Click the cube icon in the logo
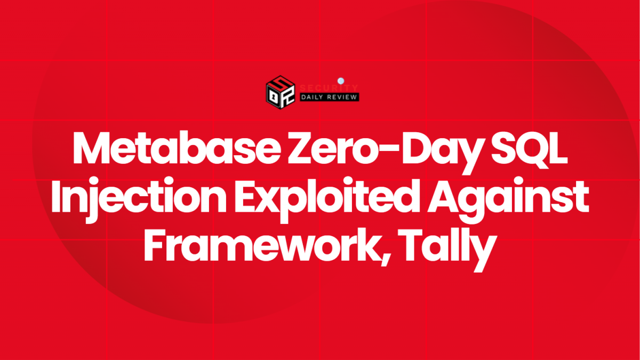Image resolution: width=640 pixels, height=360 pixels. (x=281, y=92)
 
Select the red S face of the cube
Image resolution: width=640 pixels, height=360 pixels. (x=281, y=83)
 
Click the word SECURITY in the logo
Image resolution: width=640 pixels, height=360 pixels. (x=329, y=88)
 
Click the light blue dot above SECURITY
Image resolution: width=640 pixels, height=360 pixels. (x=341, y=81)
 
